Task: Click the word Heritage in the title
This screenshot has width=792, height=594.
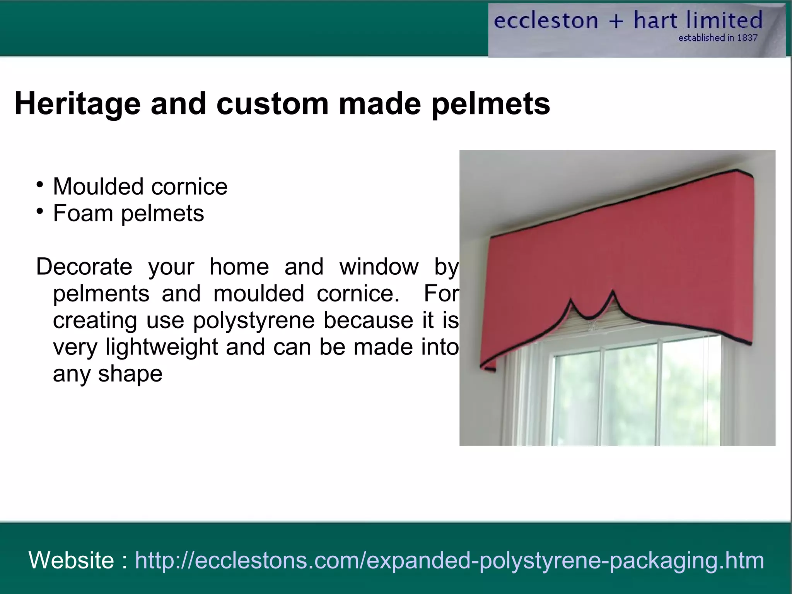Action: tap(77, 104)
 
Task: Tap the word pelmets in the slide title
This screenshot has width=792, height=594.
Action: tap(490, 104)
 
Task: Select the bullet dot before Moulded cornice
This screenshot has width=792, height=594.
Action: tap(39, 185)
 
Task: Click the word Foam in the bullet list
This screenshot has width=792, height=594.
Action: tap(83, 213)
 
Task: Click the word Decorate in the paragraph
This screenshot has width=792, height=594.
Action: tap(84, 267)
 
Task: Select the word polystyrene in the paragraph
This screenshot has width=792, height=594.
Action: tap(254, 320)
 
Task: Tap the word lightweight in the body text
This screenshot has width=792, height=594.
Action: tap(162, 347)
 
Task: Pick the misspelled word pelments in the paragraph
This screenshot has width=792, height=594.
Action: tap(101, 293)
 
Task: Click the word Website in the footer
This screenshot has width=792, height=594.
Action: tap(71, 560)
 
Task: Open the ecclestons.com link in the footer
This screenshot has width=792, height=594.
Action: tap(449, 560)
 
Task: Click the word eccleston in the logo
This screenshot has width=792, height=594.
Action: tap(546, 21)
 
